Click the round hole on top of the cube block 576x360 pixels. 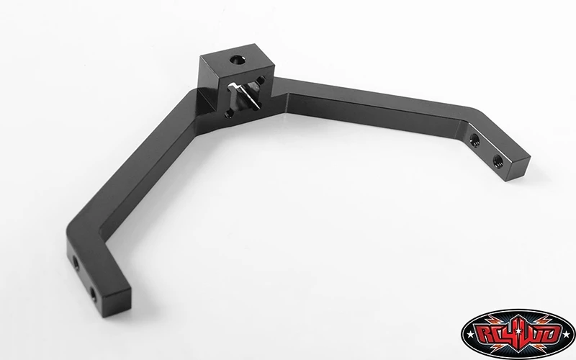(238, 60)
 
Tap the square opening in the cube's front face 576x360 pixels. (245, 96)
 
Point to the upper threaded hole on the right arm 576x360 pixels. (474, 139)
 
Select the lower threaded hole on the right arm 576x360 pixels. (498, 160)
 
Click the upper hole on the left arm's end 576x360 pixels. (76, 263)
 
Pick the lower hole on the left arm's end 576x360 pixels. (94, 294)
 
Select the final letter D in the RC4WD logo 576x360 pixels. (552, 335)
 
